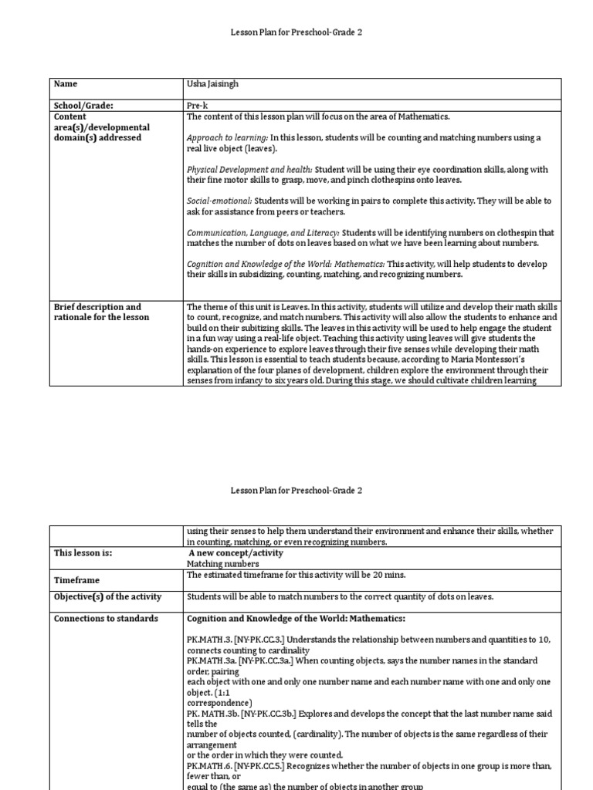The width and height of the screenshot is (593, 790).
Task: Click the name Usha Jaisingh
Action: point(213,84)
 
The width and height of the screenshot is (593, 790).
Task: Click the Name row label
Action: point(66,84)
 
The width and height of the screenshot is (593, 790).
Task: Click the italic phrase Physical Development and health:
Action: point(249,170)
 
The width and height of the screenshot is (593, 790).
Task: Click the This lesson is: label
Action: point(83,553)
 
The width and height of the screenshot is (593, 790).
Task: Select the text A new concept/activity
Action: point(236,553)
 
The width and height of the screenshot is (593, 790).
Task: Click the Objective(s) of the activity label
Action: point(107,596)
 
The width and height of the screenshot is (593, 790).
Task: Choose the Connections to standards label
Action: point(106,619)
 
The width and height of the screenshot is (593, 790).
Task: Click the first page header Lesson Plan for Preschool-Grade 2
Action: point(296,32)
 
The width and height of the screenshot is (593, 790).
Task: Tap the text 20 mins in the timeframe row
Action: point(389,575)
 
